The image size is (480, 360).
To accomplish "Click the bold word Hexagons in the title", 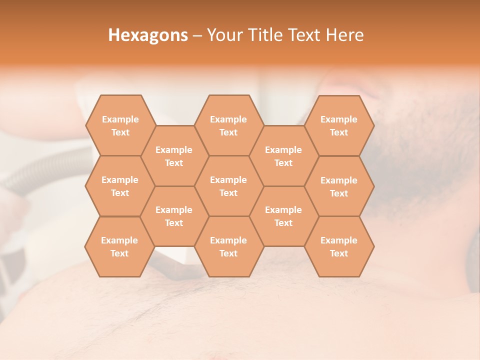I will (148, 35).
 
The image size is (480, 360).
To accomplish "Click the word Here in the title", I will (345, 35).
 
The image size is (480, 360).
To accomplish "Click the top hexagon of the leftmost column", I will (120, 125).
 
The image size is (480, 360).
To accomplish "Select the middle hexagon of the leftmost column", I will (120, 186).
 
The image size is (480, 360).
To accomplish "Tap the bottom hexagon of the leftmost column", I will (119, 246).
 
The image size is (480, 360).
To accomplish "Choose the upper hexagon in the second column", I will (174, 156).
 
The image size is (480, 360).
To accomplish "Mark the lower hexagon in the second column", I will (174, 216).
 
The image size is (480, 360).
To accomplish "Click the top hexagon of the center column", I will (228, 125).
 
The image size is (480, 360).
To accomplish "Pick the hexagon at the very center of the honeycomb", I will (228, 186).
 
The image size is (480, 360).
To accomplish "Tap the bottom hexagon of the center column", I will (228, 246).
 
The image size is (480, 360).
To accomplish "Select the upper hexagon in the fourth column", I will (283, 156).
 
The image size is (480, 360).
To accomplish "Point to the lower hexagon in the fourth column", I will (283, 216).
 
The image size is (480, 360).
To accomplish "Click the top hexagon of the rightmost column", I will (339, 125).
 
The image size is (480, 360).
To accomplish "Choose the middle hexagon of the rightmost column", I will (339, 186).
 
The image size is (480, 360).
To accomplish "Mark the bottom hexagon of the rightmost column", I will (339, 246).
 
